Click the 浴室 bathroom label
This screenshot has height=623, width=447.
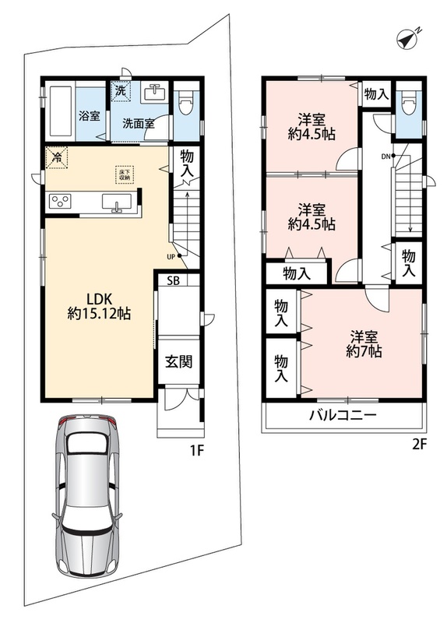89,116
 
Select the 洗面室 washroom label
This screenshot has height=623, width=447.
139,124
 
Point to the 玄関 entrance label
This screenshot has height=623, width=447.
179,361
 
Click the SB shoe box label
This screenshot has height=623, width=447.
173,280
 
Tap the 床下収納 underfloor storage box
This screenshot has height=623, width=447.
125,174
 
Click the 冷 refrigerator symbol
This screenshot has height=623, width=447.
56,158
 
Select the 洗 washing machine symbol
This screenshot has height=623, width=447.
121,90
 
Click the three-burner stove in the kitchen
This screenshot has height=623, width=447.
61,201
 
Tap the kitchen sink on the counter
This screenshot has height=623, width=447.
116,202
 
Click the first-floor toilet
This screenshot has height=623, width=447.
186,104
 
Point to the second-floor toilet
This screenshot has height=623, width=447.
409,104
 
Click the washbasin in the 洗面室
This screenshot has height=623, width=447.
154,93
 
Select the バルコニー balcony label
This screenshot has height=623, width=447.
343,416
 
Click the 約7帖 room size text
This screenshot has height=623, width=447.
364,351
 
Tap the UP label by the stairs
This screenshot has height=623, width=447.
171,257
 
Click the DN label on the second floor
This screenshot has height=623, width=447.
385,157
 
